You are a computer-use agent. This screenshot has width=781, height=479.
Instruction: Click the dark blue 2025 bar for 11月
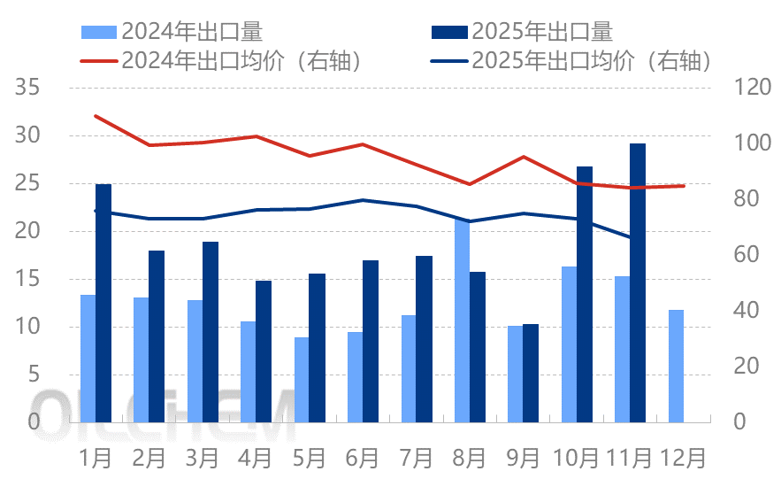[x=638, y=282]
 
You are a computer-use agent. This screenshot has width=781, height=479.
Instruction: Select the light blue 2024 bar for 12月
[x=676, y=366]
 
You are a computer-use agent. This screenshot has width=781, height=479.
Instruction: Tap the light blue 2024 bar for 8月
[x=462, y=321]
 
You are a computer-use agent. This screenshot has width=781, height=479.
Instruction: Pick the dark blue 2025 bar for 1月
[x=103, y=303]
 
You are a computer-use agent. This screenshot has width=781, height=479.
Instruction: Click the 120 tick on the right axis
[x=747, y=88]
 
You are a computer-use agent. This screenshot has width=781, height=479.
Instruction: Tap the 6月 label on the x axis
[x=363, y=458]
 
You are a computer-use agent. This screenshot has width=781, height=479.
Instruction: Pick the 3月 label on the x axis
[x=202, y=458]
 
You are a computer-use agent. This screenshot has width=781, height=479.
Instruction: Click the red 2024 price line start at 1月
[x=96, y=116]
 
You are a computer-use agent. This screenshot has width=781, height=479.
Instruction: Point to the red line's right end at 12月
[x=684, y=186]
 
